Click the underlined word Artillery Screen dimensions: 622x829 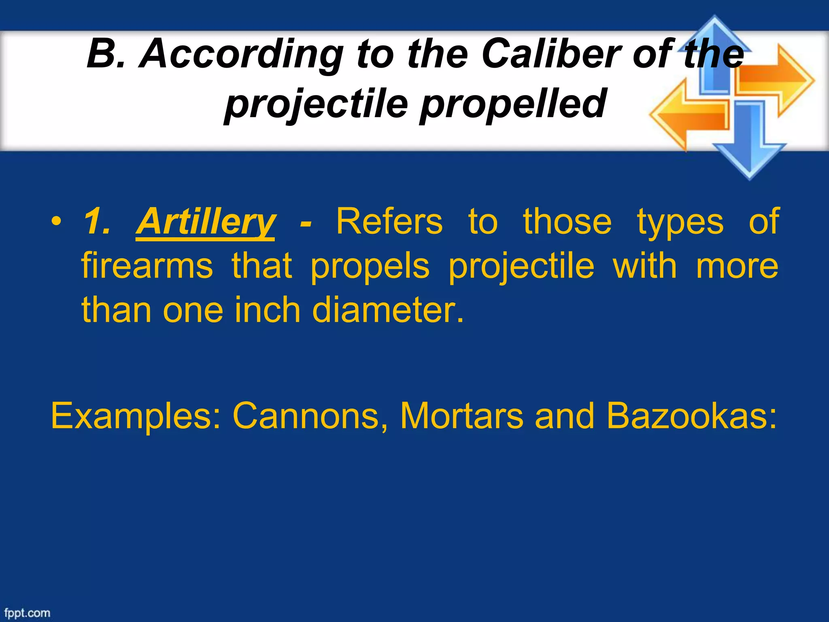coord(206,222)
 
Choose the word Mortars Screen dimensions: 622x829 coord(461,416)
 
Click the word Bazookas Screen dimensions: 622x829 coord(691,416)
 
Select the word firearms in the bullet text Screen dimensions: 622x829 coord(147,266)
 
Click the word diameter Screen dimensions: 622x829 coord(388,310)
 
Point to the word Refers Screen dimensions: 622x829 coord(389,222)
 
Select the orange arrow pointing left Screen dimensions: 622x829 coord(688,115)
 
